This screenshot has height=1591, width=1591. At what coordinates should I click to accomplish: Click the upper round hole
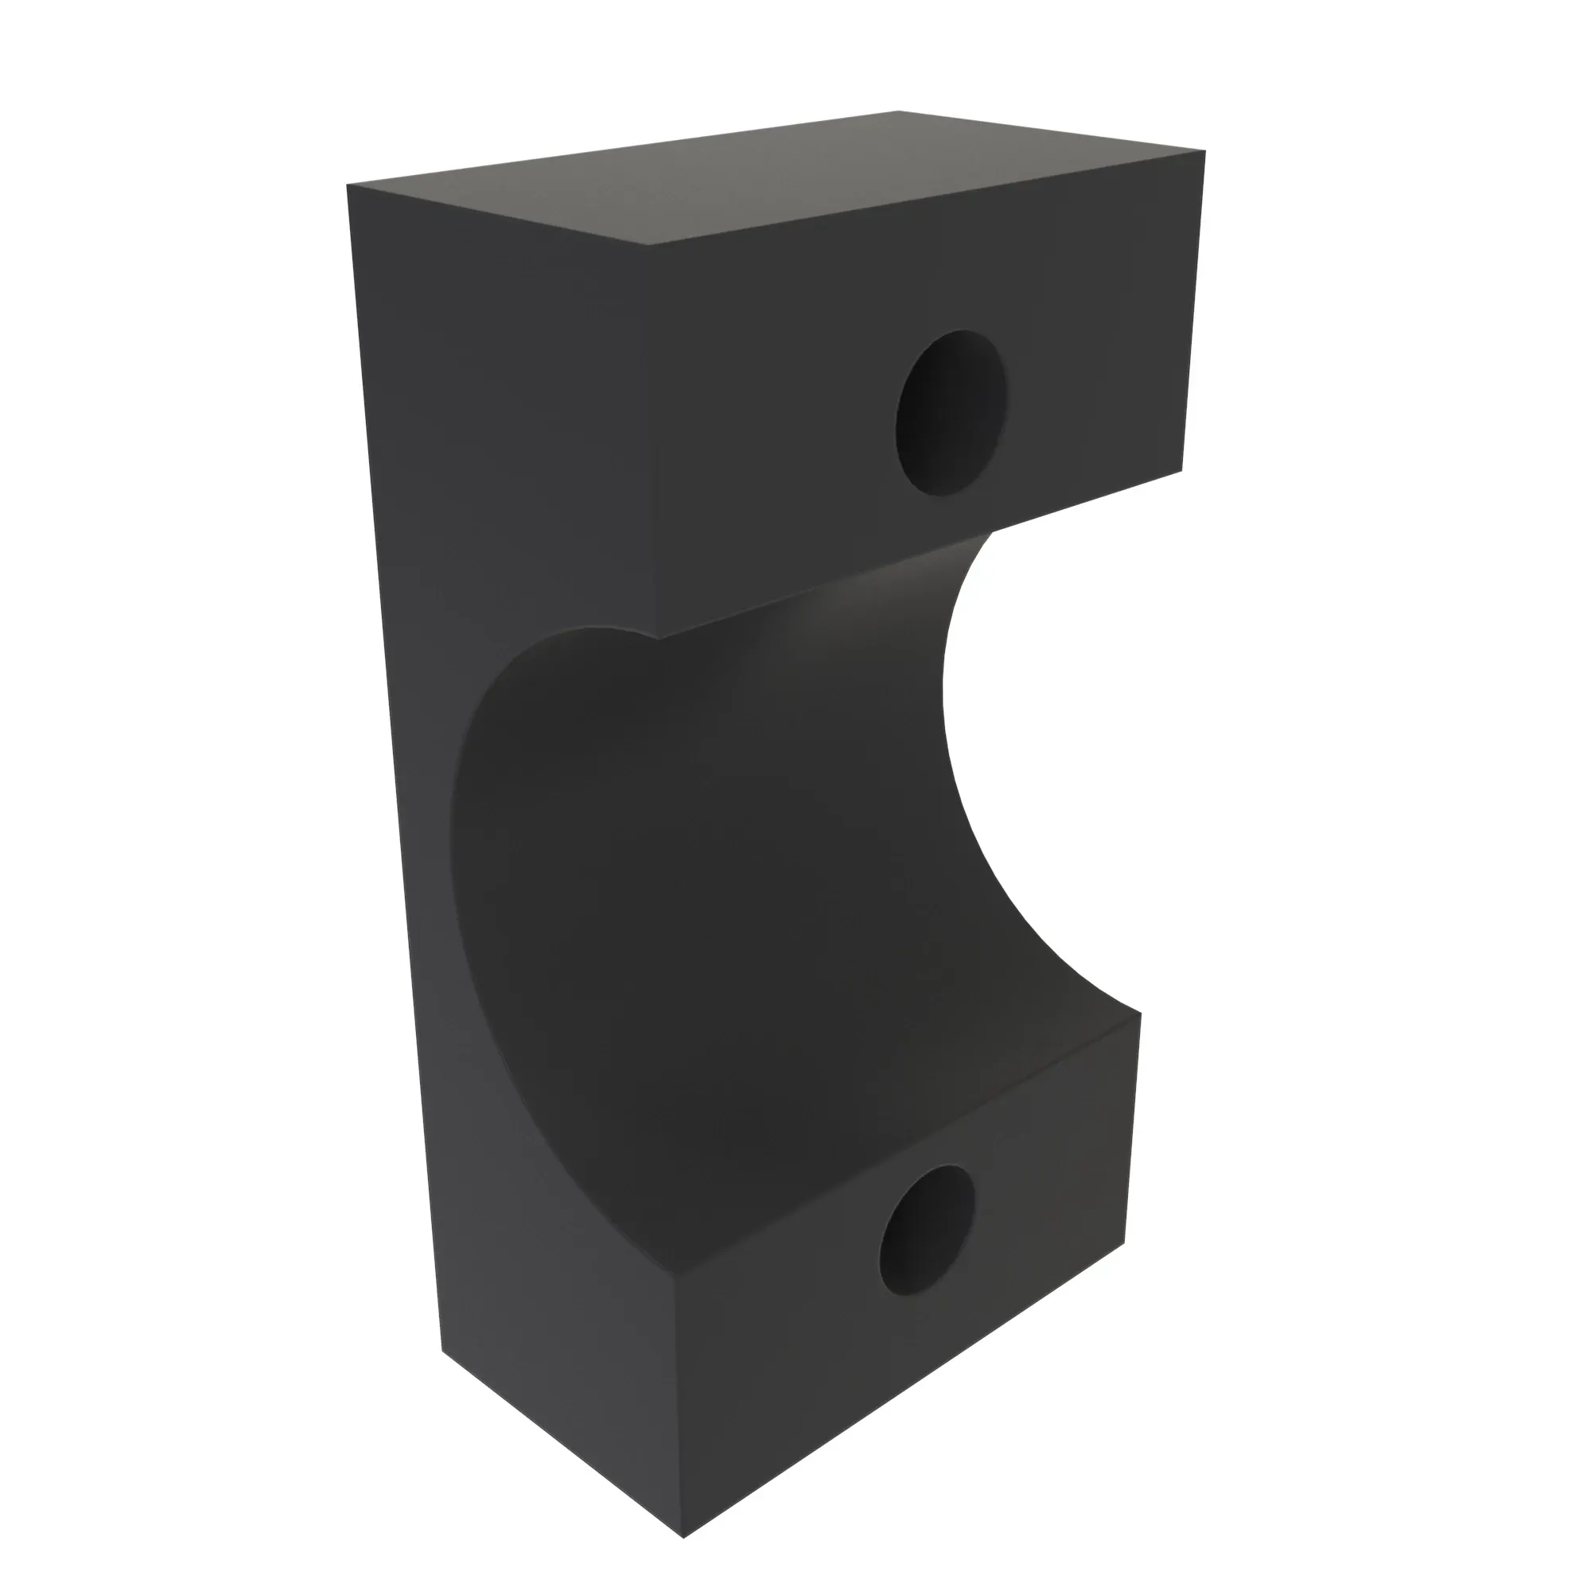pyautogui.click(x=951, y=414)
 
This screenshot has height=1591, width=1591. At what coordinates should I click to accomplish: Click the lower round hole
pyautogui.click(x=927, y=1231)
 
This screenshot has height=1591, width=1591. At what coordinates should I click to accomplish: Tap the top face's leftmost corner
pyautogui.click(x=348, y=185)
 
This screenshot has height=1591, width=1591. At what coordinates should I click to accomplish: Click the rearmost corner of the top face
pyautogui.click(x=897, y=111)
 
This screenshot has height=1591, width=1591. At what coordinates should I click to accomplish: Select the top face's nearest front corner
pyautogui.click(x=651, y=244)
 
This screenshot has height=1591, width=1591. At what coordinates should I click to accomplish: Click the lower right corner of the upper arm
pyautogui.click(x=1183, y=471)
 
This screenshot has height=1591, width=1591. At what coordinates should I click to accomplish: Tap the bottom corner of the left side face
pyautogui.click(x=442, y=1352)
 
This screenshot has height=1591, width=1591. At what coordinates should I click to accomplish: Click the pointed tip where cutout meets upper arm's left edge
pyautogui.click(x=658, y=638)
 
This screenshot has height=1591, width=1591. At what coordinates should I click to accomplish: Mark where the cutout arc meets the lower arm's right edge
pyautogui.click(x=1140, y=1013)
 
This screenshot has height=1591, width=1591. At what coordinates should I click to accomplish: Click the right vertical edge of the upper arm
pyautogui.click(x=1194, y=313)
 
